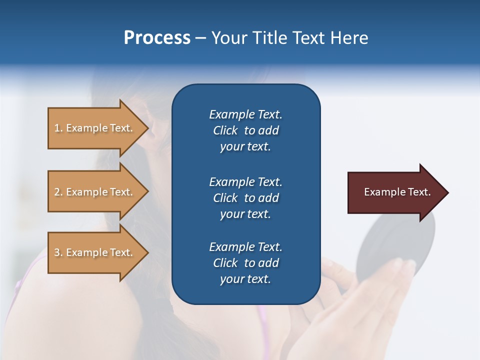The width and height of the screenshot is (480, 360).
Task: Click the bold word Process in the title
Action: point(157,38)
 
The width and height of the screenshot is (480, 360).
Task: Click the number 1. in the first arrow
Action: point(58,128)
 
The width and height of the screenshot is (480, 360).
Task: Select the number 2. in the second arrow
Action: point(58,192)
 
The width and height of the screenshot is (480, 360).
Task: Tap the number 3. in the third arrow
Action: point(58,252)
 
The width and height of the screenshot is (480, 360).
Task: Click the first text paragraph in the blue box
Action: point(245,130)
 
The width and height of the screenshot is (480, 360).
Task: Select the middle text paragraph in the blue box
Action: point(245,198)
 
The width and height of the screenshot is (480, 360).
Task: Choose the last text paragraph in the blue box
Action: point(245,263)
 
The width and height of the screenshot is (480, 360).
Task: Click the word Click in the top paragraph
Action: point(225,130)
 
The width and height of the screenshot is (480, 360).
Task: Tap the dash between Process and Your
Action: point(200,38)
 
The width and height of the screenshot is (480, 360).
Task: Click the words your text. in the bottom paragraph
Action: point(245,279)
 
